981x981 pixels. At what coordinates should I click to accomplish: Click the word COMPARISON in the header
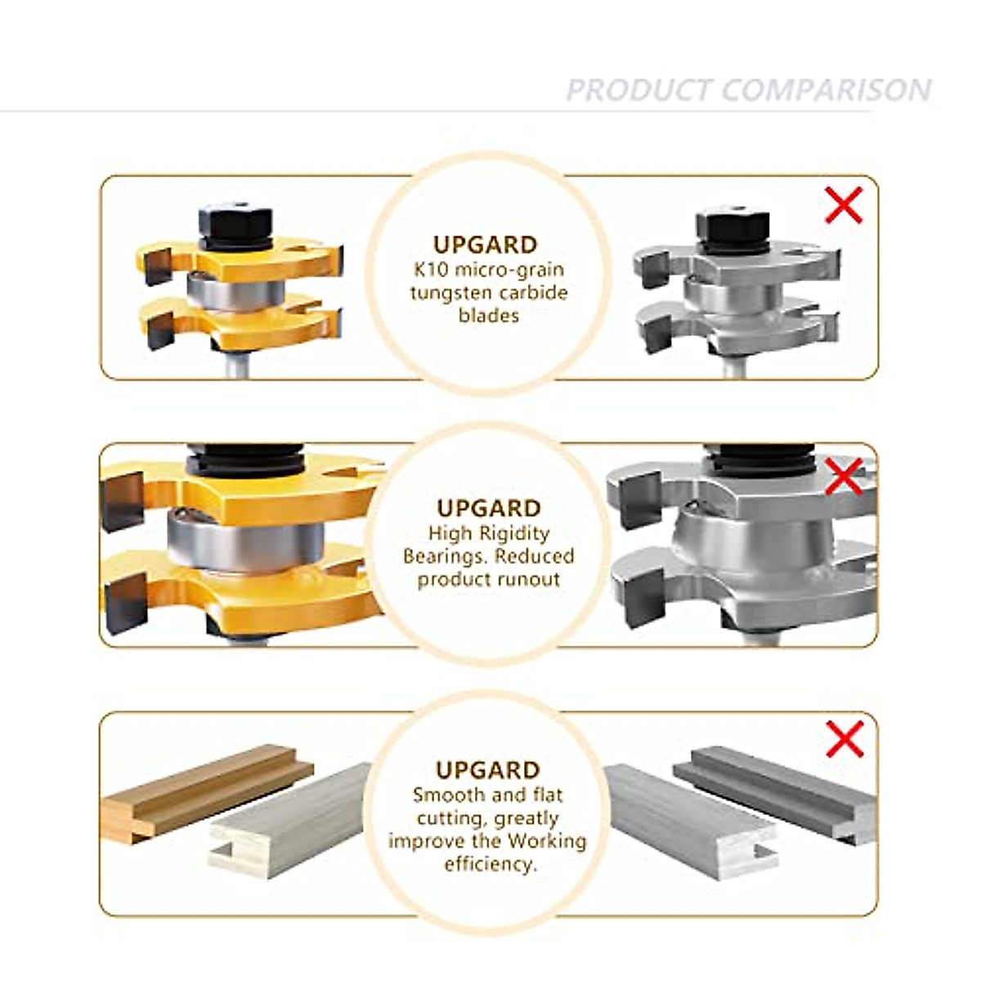826,90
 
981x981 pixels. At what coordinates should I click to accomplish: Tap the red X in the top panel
844,205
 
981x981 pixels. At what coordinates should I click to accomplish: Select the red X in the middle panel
844,476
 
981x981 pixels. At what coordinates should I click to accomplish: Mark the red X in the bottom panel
844,739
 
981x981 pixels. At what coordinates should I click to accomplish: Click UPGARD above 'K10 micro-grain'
486,244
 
